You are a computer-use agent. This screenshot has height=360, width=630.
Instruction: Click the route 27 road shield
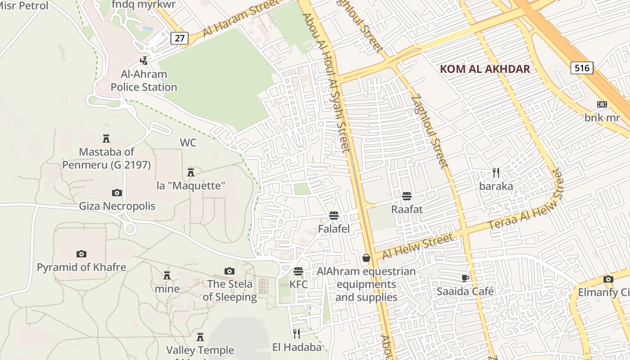coord(179,38)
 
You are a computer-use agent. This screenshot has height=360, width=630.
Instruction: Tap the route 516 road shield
coord(582,68)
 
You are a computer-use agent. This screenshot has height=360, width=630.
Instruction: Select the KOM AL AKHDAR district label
coord(485,69)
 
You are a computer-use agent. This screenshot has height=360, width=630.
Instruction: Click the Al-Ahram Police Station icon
coord(144,60)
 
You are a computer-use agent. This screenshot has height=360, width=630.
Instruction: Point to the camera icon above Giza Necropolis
coord(117,193)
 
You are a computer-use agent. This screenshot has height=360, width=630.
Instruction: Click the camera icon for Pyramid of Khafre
coord(81,254)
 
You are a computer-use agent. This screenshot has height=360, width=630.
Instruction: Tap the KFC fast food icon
coord(298,271)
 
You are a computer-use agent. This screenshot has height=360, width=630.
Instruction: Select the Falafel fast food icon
coord(333,216)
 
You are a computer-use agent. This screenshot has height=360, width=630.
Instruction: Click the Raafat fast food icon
coord(407,196)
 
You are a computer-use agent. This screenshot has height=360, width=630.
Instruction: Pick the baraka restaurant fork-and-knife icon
coord(496,173)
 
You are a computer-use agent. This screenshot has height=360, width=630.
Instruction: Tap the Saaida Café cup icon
coord(465,278)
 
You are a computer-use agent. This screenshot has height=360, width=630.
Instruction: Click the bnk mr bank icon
coord(602,104)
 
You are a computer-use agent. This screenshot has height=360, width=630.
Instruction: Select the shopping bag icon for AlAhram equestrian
coord(366,258)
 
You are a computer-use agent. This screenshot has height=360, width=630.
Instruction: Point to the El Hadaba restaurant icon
coord(297,333)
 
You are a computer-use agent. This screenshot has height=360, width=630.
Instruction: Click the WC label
coord(188,143)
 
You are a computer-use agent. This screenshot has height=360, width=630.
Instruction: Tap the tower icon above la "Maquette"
coord(191,172)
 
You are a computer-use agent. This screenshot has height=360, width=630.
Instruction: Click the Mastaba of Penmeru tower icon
coord(106,139)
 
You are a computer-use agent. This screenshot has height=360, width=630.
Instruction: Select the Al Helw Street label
coord(417,247)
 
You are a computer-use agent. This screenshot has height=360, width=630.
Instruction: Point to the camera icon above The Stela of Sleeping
coord(229,271)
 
